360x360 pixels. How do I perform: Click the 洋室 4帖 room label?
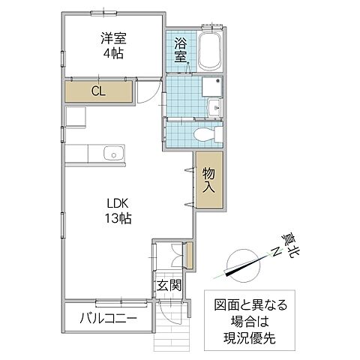(x=112, y=46)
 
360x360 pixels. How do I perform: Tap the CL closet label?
(x=97, y=91)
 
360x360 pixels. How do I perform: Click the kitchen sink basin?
(x=112, y=153)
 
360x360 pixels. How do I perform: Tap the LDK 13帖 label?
(x=118, y=211)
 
